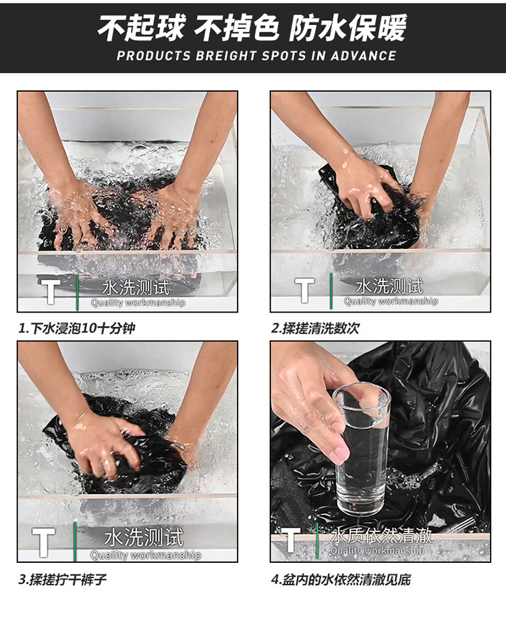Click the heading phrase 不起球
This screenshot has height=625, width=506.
click(x=142, y=28)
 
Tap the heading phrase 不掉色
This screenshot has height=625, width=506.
click(x=237, y=28)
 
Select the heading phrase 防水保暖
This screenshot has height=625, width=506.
click(x=348, y=28)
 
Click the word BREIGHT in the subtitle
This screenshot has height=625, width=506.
click(x=226, y=56)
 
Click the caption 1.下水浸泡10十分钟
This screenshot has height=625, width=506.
click(x=77, y=329)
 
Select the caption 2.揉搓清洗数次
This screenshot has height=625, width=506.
click(x=315, y=329)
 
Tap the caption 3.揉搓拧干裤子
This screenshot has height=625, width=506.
click(x=63, y=580)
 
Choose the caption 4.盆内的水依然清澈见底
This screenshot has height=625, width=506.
click(x=341, y=580)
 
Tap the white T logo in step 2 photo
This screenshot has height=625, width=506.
click(x=304, y=290)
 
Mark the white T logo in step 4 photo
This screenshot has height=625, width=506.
click(x=291, y=539)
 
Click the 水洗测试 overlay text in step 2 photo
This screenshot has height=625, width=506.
click(x=389, y=286)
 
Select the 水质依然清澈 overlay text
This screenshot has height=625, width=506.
click(x=381, y=536)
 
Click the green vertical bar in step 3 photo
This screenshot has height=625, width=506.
click(x=75, y=541)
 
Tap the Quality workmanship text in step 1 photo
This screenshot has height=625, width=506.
click(x=138, y=303)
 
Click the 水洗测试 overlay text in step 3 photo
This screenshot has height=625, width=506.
click(x=144, y=537)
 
